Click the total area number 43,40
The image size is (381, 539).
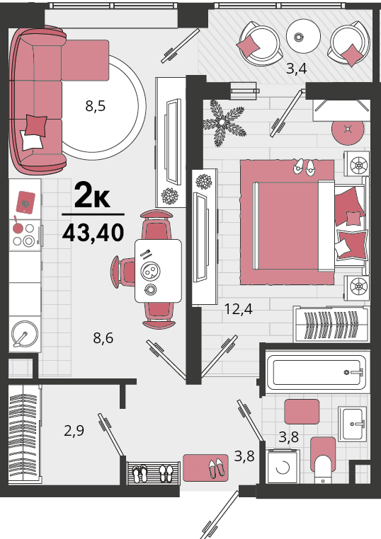pos(93,233)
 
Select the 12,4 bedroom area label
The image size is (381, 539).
pos(238,308)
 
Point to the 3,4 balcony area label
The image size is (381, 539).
pos(297,69)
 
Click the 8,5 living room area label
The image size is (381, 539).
pos(96,106)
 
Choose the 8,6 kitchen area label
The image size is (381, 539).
pos(103,338)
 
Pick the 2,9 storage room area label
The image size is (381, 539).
pos(74,430)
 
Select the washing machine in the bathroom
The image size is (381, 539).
pos(283,466)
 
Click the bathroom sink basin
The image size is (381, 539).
pos(352,424)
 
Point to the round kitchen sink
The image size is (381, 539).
pos(25,334)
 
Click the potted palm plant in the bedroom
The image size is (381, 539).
pos(223,122)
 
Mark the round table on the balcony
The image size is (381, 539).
pos(303,36)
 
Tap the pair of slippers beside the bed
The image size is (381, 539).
pos(304,168)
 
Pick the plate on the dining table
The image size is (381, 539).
pos(150,271)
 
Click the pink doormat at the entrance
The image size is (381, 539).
pos(205,468)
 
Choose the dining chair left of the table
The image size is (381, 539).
pos(123,272)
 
